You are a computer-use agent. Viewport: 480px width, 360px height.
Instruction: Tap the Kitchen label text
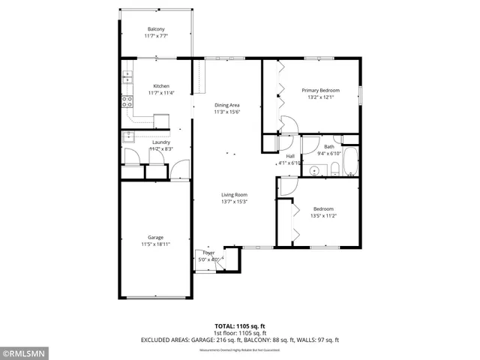(161, 85)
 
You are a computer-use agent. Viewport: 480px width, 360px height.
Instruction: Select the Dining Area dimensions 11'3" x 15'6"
(226, 112)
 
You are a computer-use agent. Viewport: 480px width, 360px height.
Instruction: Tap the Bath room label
(328, 146)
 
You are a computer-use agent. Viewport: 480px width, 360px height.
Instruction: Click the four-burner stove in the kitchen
(127, 100)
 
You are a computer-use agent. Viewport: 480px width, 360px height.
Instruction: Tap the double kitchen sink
(127, 76)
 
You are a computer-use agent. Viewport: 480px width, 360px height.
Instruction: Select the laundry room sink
(128, 136)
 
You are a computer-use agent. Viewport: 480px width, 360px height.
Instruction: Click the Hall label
(289, 156)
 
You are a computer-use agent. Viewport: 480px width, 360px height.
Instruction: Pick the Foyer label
(208, 253)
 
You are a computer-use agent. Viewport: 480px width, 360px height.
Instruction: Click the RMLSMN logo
(25, 352)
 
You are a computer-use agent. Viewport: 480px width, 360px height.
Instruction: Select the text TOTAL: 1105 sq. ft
(239, 326)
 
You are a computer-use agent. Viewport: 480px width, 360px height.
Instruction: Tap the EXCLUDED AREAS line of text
(239, 340)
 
